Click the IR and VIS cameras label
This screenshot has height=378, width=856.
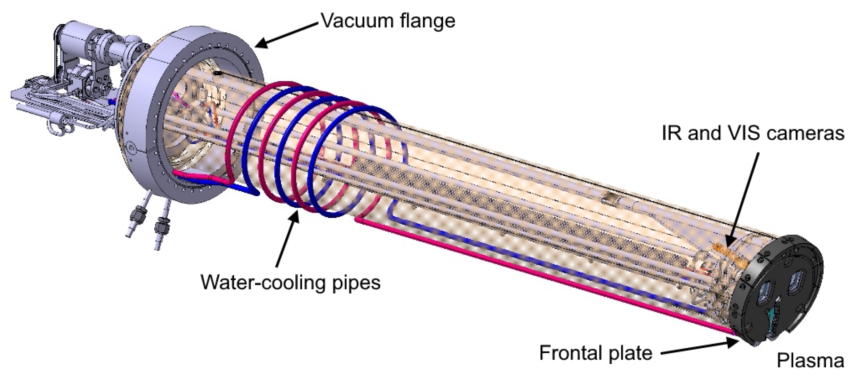pyautogui.click(x=753, y=133)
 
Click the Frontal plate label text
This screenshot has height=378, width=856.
pyautogui.click(x=596, y=353)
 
